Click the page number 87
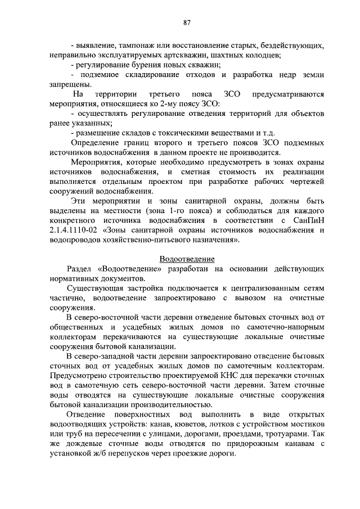point(187,22)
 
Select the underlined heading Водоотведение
point(187,259)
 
